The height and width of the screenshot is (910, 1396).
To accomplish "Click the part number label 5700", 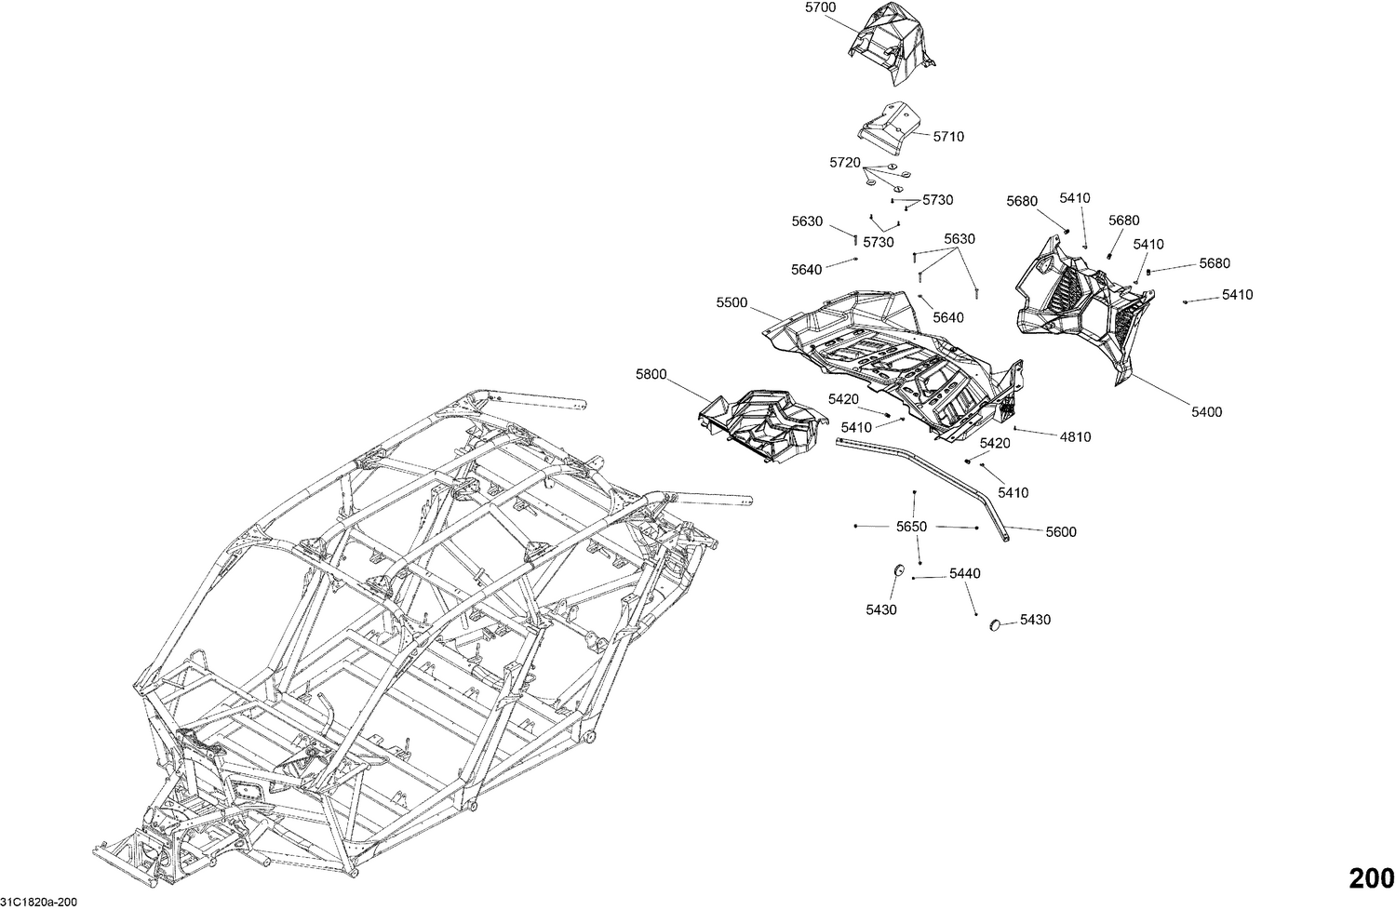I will coord(820,7).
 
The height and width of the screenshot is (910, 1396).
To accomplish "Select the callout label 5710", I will coord(948,137).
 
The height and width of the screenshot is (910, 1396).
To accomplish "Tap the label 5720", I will coord(844,163).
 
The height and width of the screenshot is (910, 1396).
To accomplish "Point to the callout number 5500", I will coord(732,303).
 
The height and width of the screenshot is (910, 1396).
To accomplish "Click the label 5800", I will coord(651,374).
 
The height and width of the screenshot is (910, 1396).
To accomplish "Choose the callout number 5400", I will coord(1207,412).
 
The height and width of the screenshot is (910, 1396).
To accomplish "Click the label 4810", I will coord(1076,437).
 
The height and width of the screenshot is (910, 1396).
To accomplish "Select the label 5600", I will coord(1061,532).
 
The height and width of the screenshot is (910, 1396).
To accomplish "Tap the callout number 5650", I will coord(911,527).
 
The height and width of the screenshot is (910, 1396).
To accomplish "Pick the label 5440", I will coord(965,574).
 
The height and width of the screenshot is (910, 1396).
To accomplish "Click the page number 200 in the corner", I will coord(1371,878).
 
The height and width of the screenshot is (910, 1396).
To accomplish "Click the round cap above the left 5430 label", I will coord(899,569).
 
